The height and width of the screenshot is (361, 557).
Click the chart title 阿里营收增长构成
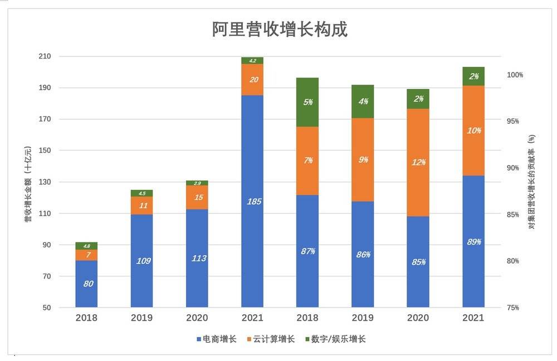[280, 29]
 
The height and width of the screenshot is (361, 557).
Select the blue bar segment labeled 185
[252, 201]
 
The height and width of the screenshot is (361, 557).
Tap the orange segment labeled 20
[252, 80]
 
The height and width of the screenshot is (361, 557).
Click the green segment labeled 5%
[307, 102]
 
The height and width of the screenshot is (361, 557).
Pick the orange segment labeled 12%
[418, 162]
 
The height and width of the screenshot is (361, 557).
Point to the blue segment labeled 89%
[473, 241]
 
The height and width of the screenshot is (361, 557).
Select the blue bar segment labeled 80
[86, 284]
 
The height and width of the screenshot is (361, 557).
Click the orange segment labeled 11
[142, 205]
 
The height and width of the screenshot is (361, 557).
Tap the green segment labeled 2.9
[197, 183]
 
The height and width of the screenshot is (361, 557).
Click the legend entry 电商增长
[217, 339]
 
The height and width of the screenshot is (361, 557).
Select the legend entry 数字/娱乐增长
[335, 339]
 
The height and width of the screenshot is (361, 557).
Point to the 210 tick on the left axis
[60, 56]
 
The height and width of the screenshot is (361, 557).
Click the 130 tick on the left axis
[60, 182]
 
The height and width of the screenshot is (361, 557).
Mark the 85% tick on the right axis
[515, 214]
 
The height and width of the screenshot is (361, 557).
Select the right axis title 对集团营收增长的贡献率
[531, 182]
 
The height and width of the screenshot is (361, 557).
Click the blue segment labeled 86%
[363, 254]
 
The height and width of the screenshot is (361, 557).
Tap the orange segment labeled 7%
[307, 160]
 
